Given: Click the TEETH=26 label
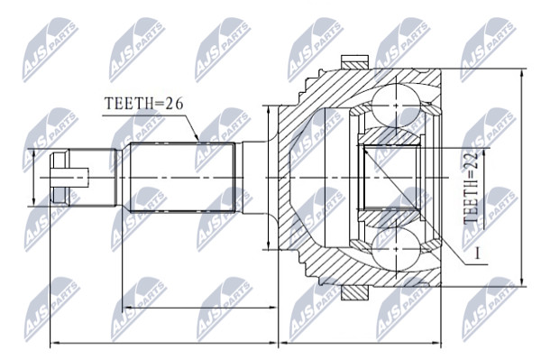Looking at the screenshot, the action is point(143,103).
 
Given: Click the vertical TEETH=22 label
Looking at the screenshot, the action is point(472,188).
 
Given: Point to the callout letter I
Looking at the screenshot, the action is point(478,254).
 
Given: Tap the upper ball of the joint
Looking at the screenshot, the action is point(396,105).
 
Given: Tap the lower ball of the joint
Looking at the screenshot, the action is point(396,250).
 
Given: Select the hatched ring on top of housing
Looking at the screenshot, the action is point(354,61).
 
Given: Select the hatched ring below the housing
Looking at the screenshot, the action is point(354,293).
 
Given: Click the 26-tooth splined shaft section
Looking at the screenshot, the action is point(182,177).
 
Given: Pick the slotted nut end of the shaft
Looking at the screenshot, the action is point(60,178).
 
